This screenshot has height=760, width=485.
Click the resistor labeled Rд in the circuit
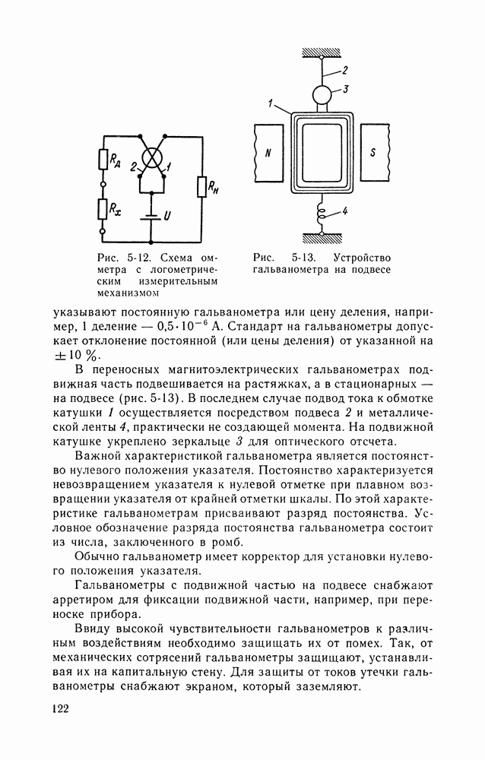point(101,160)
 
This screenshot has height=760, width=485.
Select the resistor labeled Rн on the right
point(201,185)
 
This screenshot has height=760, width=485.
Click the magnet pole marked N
point(268,152)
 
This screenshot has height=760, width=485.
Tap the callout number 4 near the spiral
point(344,213)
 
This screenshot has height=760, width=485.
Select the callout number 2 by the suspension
point(344,70)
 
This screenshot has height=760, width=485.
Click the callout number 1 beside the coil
point(270,101)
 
